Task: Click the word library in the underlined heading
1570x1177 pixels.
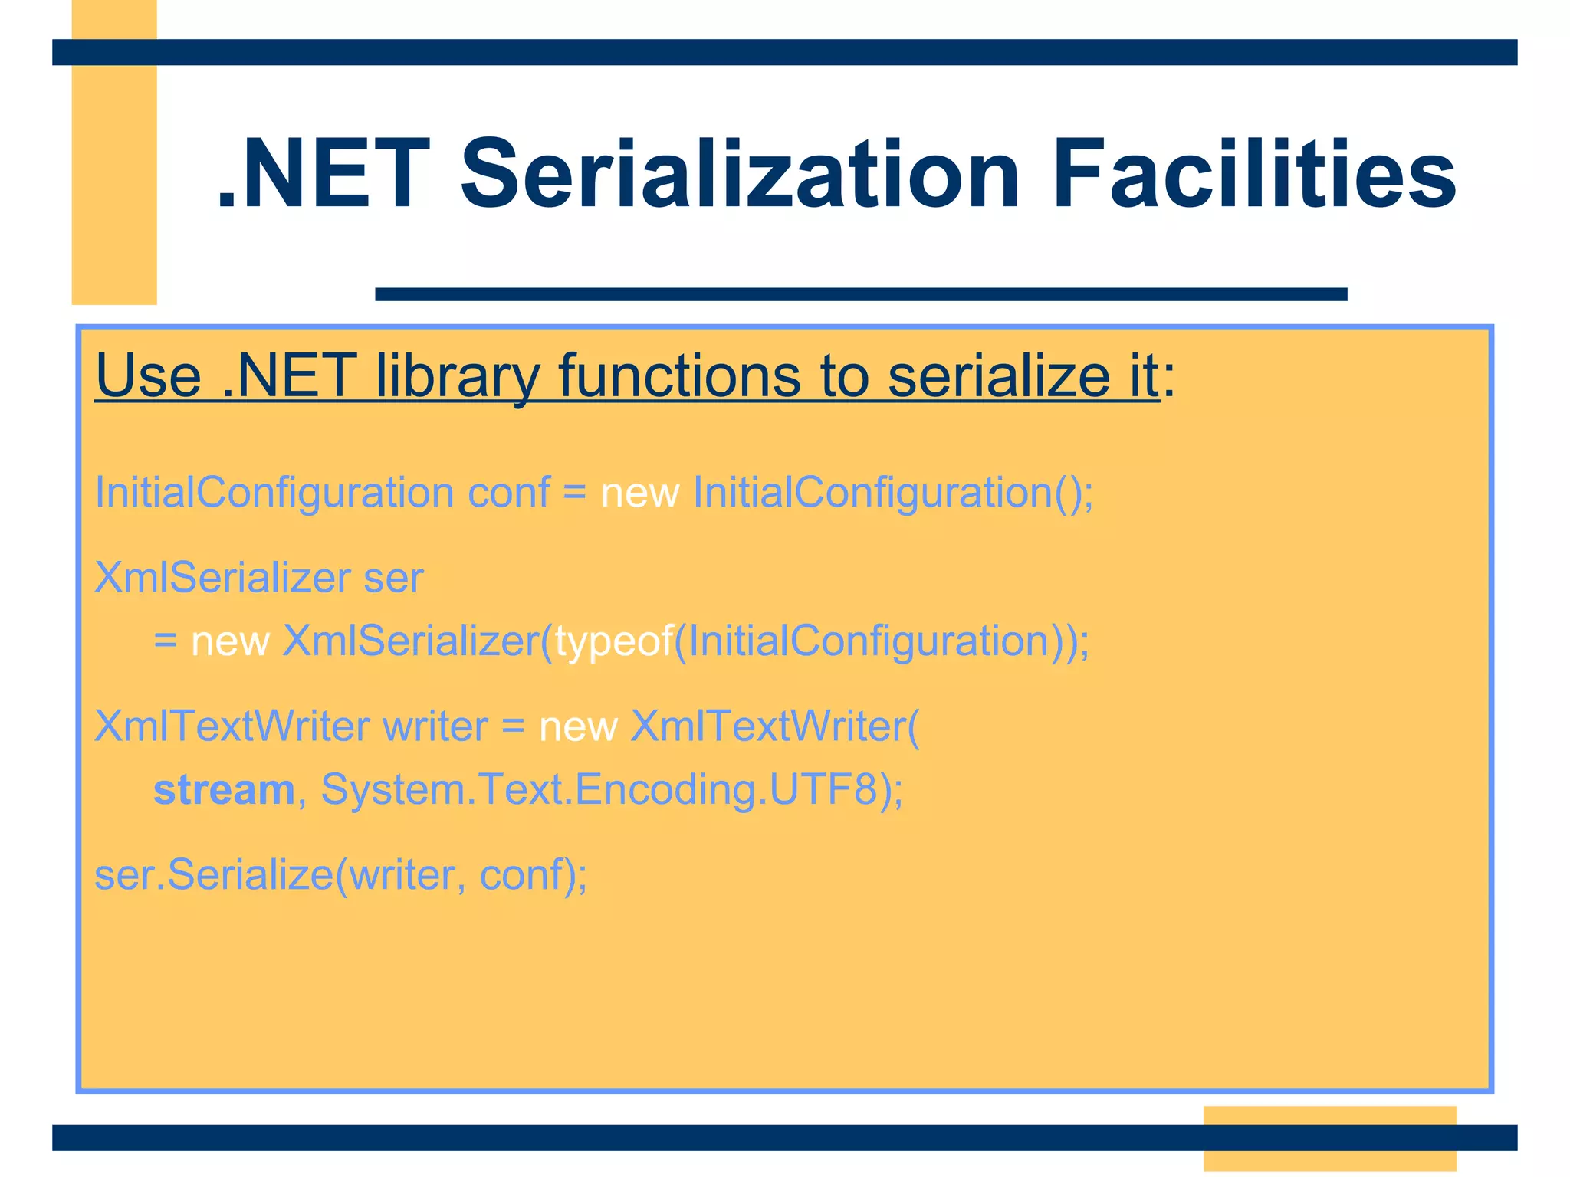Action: click(x=458, y=376)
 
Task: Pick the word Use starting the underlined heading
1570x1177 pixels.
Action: click(x=148, y=376)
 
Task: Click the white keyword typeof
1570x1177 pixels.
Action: click(x=614, y=641)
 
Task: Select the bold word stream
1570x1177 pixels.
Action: click(x=224, y=789)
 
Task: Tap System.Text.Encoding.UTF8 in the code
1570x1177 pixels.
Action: click(x=599, y=789)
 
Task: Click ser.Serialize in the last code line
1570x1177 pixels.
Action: click(x=214, y=874)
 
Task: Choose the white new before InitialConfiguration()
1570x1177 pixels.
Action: click(x=639, y=492)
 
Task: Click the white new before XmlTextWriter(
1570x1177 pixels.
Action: click(x=578, y=726)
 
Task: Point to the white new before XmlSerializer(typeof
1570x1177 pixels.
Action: click(x=230, y=641)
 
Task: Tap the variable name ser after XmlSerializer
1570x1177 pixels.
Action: click(x=393, y=578)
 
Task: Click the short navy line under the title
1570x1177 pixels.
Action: click(x=860, y=294)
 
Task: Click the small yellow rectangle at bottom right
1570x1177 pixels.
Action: click(x=1329, y=1138)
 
